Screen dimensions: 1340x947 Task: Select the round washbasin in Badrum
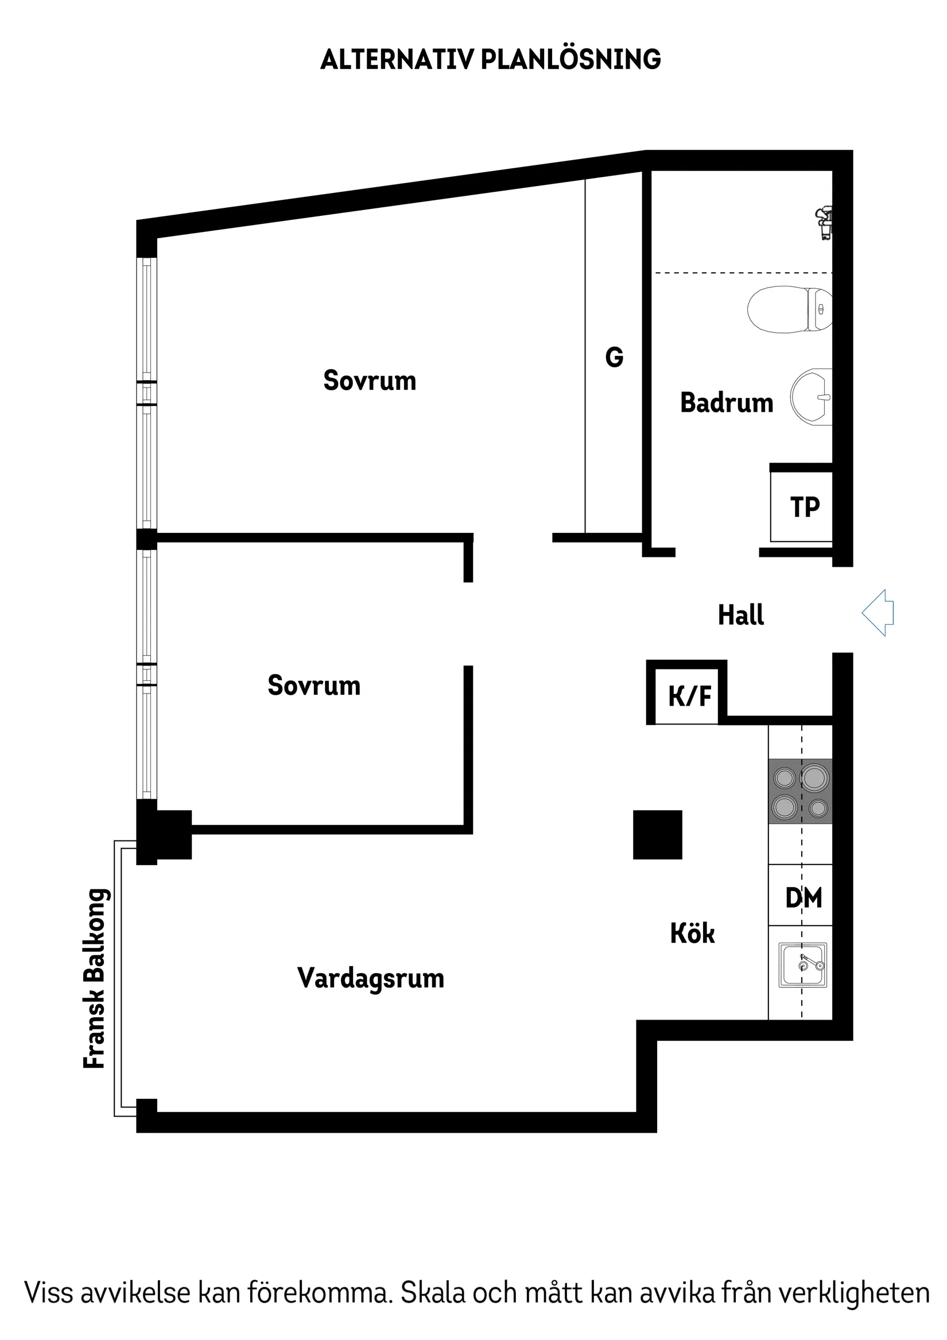click(811, 397)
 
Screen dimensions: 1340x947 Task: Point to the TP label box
click(804, 506)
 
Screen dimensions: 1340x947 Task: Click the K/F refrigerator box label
click(689, 696)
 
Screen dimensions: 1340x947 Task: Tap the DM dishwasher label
click(803, 897)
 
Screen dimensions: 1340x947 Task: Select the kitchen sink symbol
click(802, 965)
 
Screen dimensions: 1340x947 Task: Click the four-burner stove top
click(800, 792)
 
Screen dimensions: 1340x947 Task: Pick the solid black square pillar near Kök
click(657, 835)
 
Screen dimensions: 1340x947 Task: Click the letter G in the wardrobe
click(614, 357)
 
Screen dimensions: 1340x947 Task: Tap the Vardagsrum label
click(371, 978)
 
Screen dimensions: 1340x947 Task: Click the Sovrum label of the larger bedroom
click(370, 381)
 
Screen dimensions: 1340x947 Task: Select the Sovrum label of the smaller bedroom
click(314, 685)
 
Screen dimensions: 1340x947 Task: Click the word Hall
click(740, 614)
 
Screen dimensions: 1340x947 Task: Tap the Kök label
click(692, 933)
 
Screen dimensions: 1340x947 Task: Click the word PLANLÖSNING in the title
click(570, 60)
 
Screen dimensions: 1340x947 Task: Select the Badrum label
click(727, 402)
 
